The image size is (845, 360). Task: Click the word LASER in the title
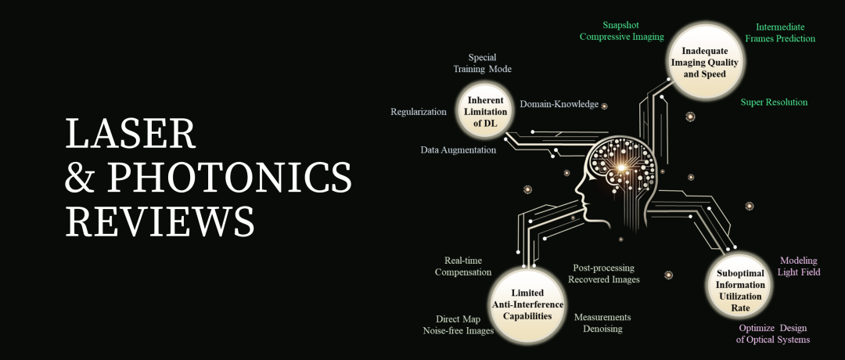coord(131,135)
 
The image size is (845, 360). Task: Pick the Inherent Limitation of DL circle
coord(485,112)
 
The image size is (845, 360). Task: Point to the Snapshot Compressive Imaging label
coord(621,31)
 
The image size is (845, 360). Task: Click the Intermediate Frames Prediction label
coord(779,32)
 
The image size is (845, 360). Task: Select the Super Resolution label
coord(774,103)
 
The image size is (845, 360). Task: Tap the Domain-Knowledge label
coord(559,104)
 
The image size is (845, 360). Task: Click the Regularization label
coord(419,112)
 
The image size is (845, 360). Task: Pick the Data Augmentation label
coord(458,149)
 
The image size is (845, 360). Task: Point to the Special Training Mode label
coord(482,63)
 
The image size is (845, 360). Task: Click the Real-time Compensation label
coord(463,266)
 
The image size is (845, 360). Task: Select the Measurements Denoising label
coord(602,322)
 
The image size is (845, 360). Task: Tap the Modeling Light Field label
coord(798,266)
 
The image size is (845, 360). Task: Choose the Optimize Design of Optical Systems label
coord(774,333)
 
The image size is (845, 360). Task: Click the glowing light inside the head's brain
coord(624,166)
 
